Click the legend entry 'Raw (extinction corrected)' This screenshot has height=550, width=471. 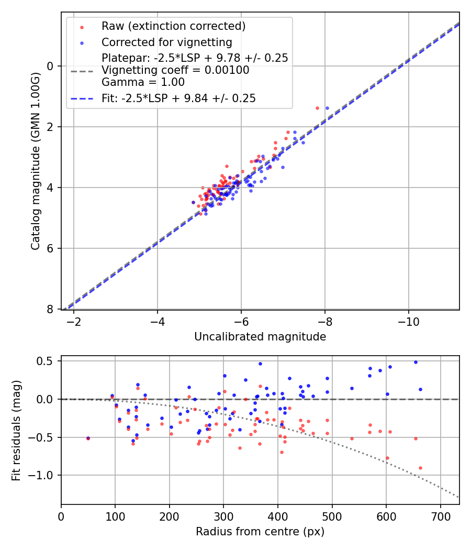173,26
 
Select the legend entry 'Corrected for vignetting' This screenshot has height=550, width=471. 166,42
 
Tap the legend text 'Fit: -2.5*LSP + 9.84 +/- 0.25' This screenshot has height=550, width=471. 178,98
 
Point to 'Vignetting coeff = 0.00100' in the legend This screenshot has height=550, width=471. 175,70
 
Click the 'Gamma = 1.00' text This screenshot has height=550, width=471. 143,82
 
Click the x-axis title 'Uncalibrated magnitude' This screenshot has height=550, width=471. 260,337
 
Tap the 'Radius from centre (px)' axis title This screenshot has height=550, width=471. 260,532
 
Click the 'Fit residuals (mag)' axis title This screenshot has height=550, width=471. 17,430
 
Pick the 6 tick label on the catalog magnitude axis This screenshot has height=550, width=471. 50,248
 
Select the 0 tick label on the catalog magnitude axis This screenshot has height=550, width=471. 50,66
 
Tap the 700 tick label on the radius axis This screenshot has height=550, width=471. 440,516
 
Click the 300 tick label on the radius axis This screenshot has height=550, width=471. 223,516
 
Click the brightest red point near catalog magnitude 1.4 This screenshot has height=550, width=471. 317,108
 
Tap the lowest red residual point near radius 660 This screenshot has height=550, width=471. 420,468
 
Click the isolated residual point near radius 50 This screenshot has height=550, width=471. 88,438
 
